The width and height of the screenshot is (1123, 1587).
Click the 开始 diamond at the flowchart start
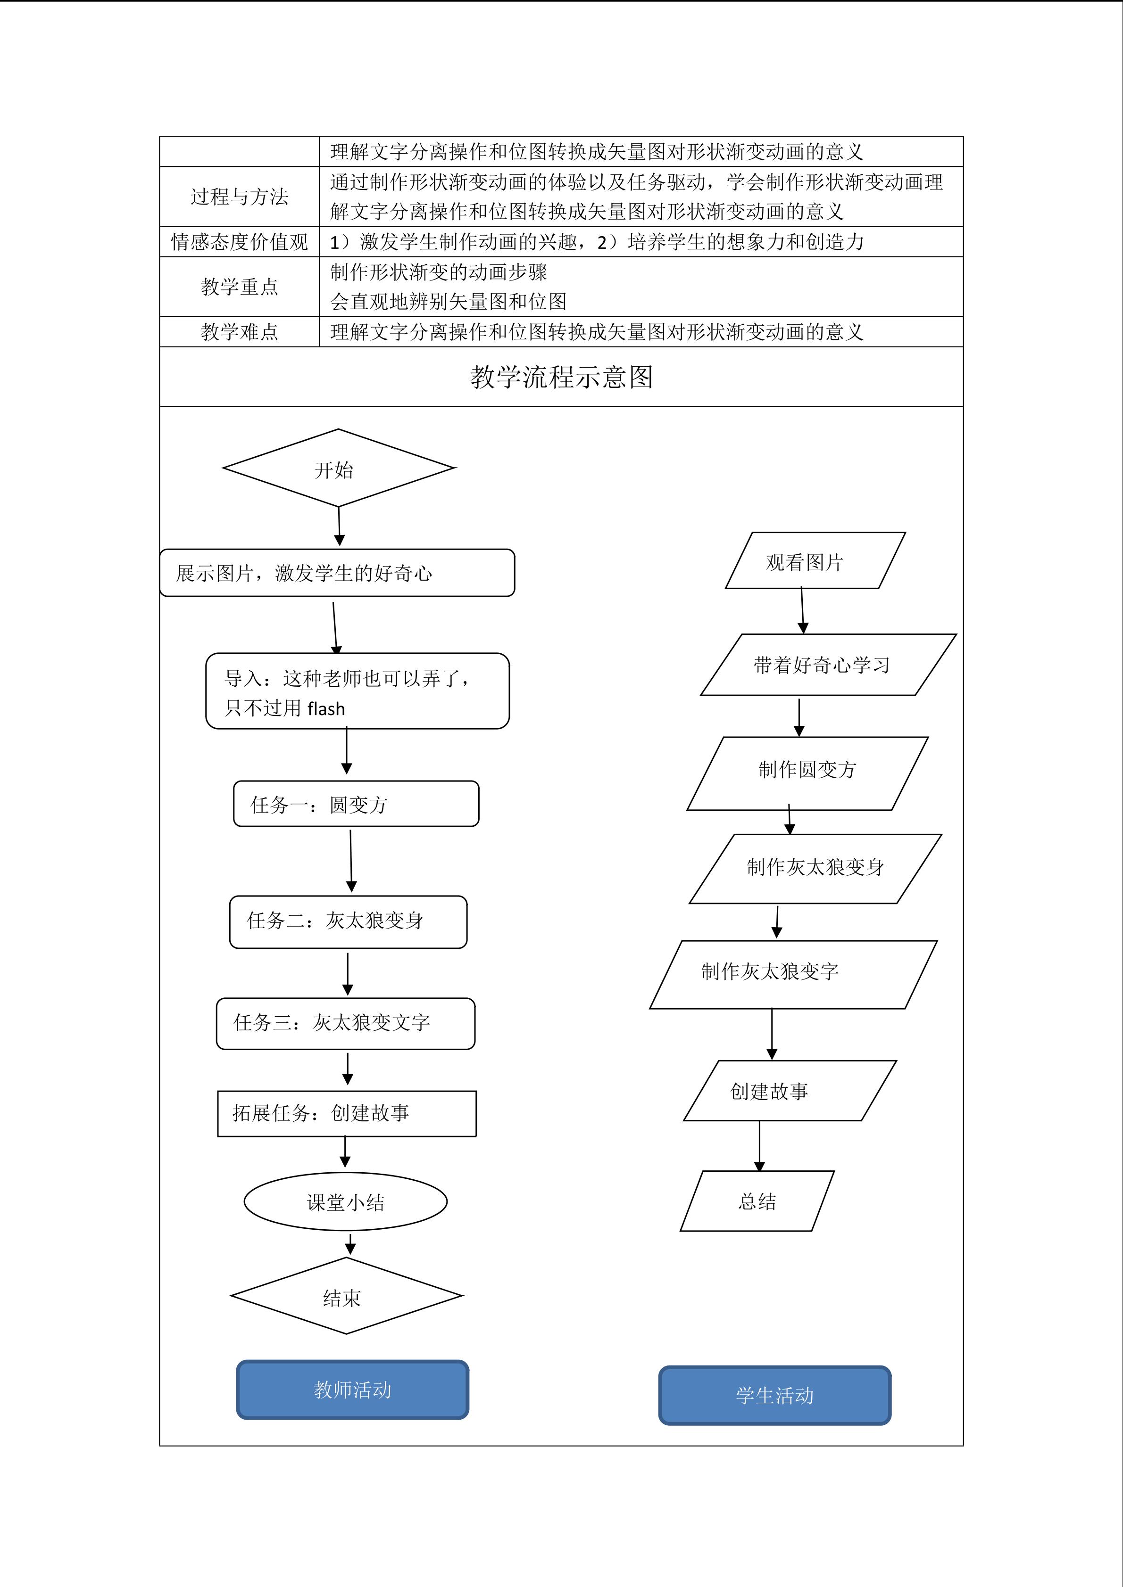pyautogui.click(x=338, y=468)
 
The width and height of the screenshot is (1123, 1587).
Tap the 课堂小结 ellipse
pyautogui.click(x=345, y=1202)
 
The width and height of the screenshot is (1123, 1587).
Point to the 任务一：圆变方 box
pyautogui.click(x=356, y=804)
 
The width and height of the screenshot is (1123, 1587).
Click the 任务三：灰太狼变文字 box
pyautogui.click(x=346, y=1023)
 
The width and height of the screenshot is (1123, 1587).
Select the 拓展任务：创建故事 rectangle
pyautogui.click(x=347, y=1113)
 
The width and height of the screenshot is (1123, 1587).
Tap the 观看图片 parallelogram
pyautogui.click(x=815, y=560)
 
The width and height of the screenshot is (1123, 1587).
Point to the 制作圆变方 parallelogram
pyautogui.click(x=807, y=773)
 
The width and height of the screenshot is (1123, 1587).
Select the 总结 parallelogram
pyautogui.click(x=757, y=1201)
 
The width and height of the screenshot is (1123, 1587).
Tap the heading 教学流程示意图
pyautogui.click(x=561, y=377)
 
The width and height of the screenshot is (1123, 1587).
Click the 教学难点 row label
pyautogui.click(x=239, y=332)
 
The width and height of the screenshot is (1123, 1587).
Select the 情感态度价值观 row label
pyautogui.click(x=239, y=241)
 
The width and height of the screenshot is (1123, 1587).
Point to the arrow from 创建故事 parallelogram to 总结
pyautogui.click(x=759, y=1145)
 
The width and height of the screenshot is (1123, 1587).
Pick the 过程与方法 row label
pyautogui.click(x=239, y=196)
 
